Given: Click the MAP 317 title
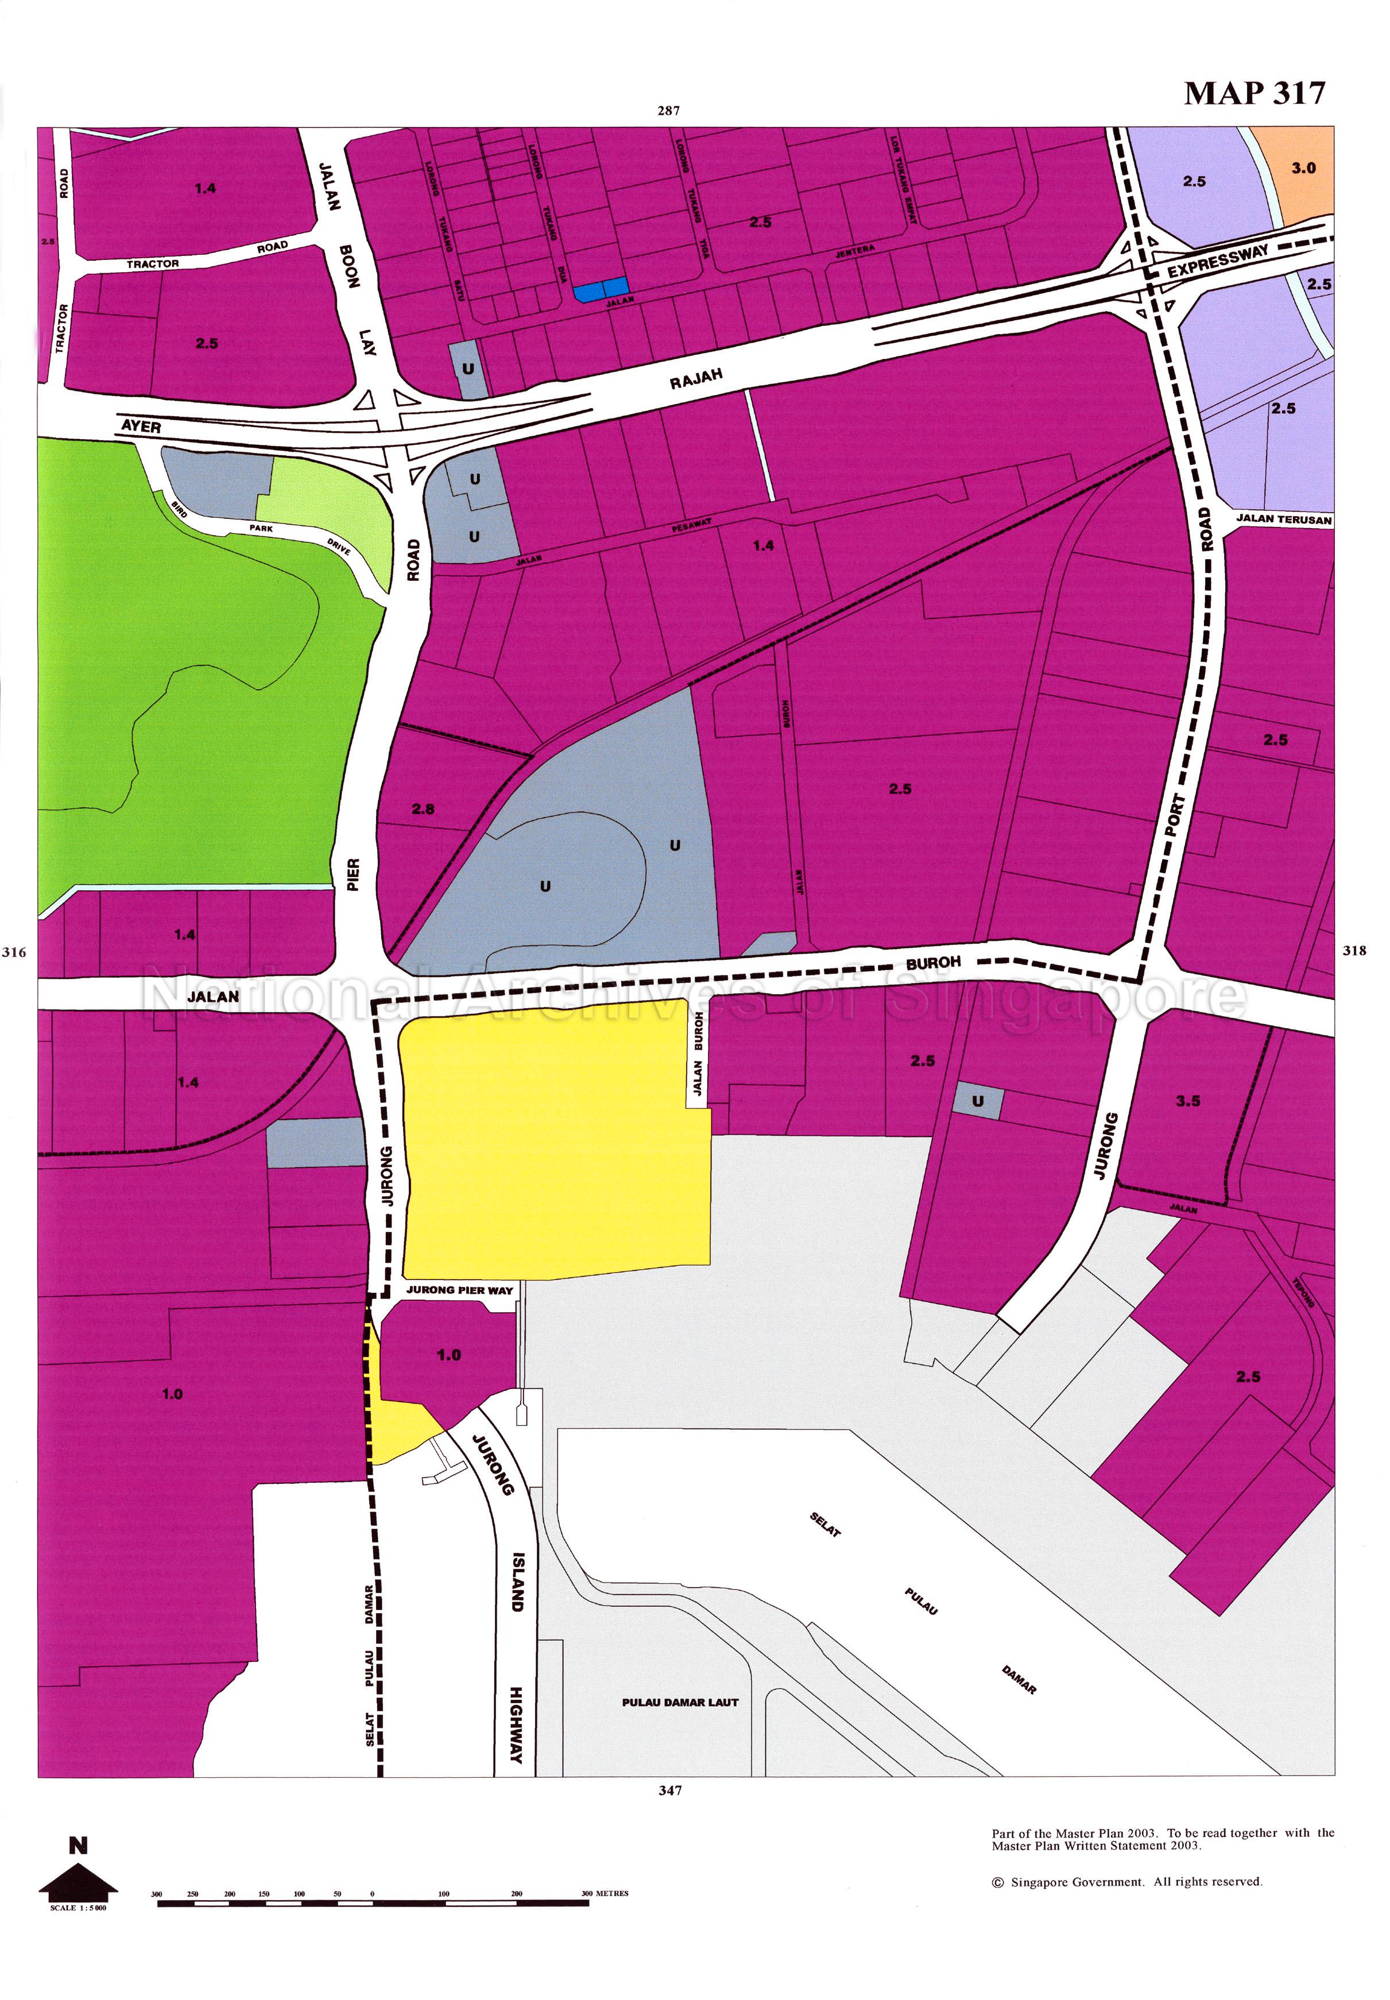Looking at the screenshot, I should [x=1253, y=93].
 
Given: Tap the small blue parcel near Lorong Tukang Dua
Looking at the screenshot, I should [x=601, y=289].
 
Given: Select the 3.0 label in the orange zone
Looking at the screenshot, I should [x=1303, y=168].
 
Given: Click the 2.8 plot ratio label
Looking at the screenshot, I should [x=423, y=809].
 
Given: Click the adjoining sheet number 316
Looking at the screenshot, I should [x=14, y=952].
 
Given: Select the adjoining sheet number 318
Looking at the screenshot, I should [x=1354, y=951].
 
